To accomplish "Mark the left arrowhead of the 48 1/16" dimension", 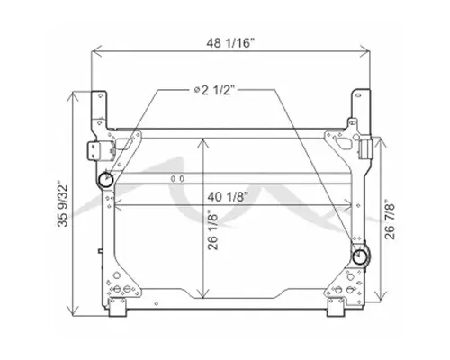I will point(92,54).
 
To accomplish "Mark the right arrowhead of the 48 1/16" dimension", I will point(371,54).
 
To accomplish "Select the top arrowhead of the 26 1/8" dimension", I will point(208,139).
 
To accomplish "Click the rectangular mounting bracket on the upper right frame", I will point(366,147).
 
